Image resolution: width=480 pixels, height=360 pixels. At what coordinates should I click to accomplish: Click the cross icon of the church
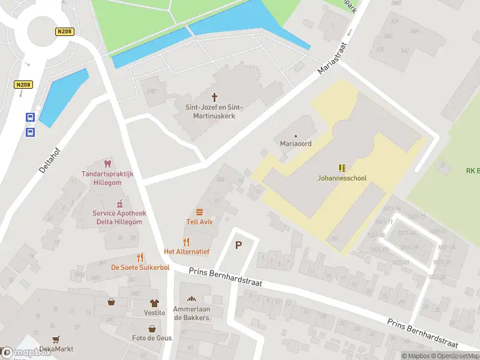[214, 97]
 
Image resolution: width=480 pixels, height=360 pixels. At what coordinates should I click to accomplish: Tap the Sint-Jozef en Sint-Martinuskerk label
[214, 111]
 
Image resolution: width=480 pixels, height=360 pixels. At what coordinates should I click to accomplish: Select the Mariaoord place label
[295, 143]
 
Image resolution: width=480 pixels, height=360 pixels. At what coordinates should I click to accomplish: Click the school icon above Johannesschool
[342, 168]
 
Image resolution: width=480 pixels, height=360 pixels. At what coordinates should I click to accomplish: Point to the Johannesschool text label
[342, 178]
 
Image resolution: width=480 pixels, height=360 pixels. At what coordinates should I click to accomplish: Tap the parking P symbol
[239, 245]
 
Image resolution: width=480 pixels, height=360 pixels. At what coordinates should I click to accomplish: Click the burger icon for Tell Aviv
[199, 212]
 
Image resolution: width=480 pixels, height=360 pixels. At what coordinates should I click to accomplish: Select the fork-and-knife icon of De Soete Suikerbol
[140, 257]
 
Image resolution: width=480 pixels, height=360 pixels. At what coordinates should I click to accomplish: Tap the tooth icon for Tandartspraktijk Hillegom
[108, 164]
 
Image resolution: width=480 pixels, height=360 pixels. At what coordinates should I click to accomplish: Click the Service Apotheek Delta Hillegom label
[119, 217]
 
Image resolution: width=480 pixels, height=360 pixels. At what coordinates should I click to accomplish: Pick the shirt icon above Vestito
[154, 303]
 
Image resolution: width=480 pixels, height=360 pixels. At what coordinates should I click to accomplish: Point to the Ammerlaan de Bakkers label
[191, 313]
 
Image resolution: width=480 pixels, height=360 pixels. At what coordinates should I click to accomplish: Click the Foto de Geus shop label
[152, 338]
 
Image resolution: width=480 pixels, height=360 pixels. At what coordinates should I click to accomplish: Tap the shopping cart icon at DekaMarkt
[56, 340]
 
